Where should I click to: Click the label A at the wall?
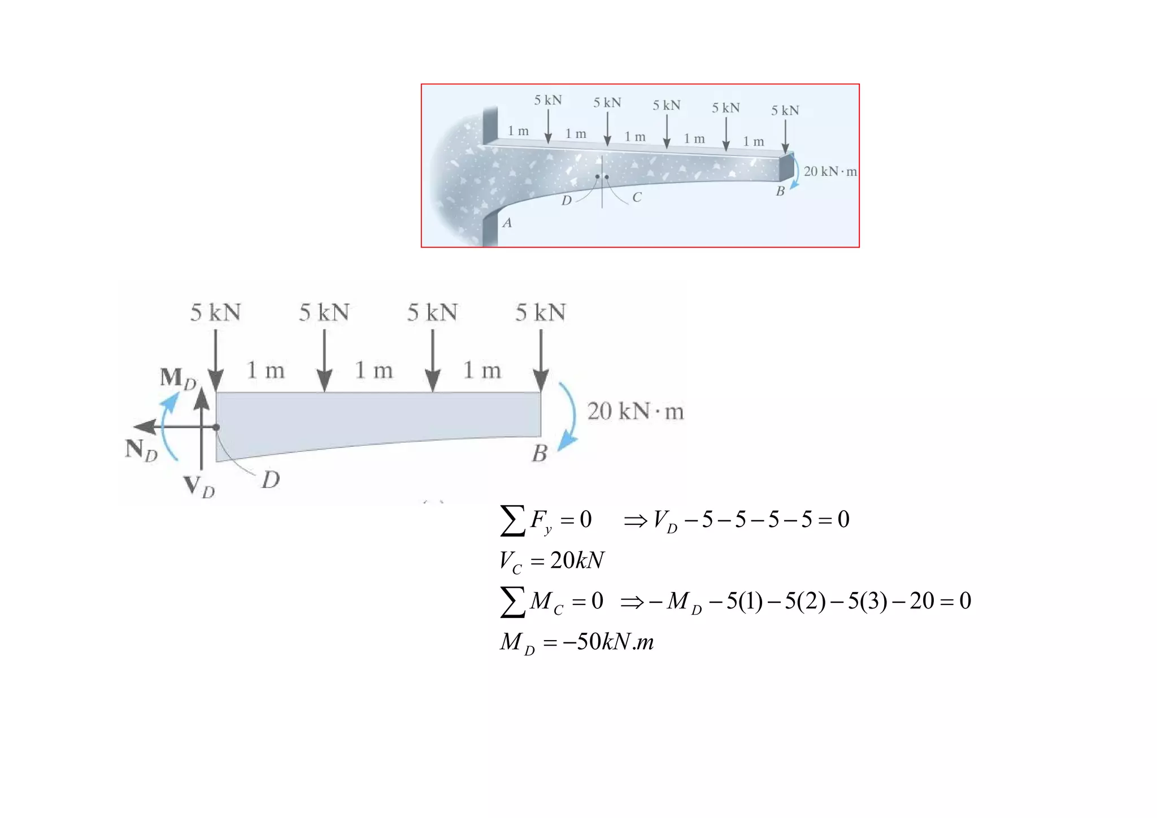[507, 223]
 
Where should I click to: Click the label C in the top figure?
[637, 197]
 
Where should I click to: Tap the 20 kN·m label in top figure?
[829, 171]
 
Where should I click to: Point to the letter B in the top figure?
[780, 192]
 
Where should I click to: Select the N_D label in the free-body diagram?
[141, 450]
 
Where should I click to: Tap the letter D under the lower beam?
[271, 480]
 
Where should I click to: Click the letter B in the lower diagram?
[540, 454]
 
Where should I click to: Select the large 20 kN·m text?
[635, 411]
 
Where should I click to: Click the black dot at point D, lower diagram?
[216, 428]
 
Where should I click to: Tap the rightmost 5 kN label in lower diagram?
[540, 312]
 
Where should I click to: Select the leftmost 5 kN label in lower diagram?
[215, 312]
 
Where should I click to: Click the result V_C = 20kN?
[551, 560]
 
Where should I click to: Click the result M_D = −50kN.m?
[576, 642]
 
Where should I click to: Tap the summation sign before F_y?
[512, 520]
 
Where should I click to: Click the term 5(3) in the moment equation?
[867, 601]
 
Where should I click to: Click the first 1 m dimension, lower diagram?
[266, 371]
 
